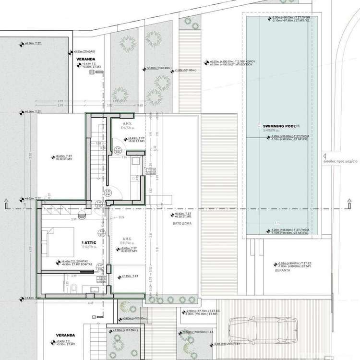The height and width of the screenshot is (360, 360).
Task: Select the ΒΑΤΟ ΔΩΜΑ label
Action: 179,224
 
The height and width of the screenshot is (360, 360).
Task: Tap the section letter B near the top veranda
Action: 98,72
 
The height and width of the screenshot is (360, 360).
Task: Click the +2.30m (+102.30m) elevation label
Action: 159,68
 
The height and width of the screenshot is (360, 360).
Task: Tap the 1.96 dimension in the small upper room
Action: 123,157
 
